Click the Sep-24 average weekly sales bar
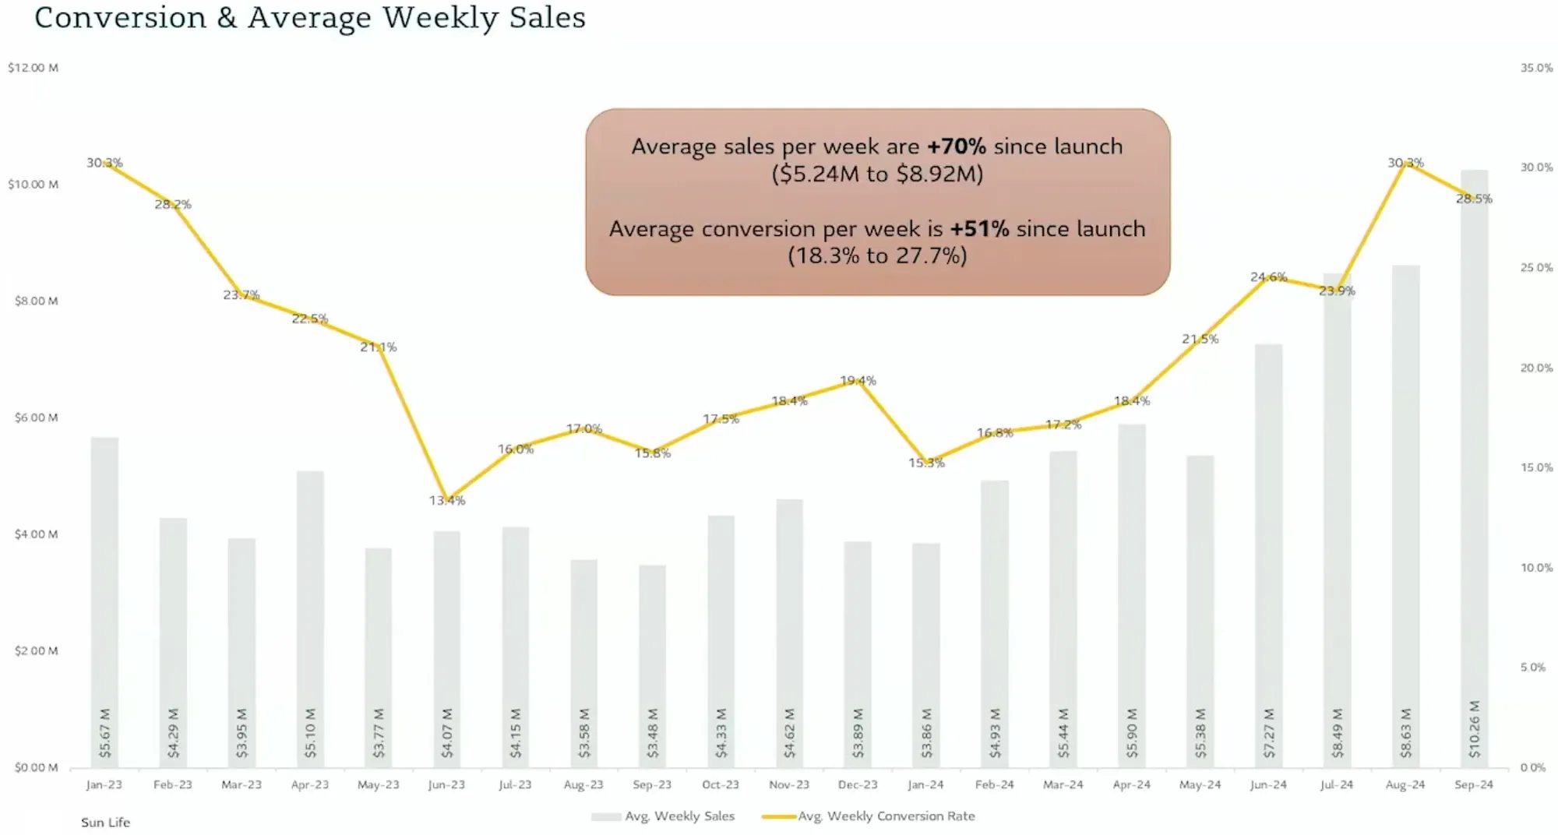1473,467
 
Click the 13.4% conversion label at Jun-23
447,500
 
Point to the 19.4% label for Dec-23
858,380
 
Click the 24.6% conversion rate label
1268,277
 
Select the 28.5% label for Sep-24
1474,199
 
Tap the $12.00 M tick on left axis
33,68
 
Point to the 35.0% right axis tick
1536,68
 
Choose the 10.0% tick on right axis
1536,568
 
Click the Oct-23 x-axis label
721,784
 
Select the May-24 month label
1200,784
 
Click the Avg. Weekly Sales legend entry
679,816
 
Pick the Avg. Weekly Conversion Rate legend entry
886,816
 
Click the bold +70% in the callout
956,146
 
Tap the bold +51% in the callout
979,229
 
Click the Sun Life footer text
105,823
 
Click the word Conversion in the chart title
121,17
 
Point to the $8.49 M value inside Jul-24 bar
1337,732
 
